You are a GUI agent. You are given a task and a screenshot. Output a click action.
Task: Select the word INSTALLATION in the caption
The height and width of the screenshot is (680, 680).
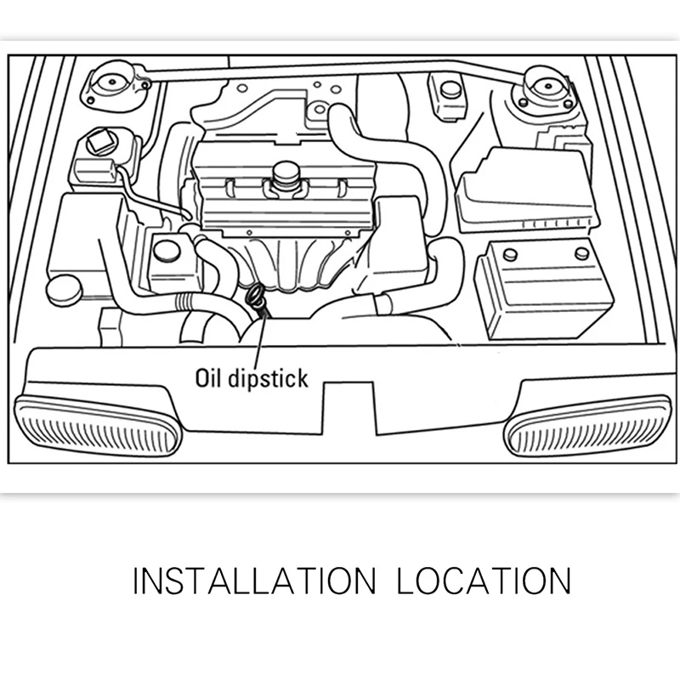[x=253, y=581]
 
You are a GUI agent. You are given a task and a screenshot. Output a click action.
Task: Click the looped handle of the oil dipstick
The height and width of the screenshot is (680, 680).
[x=253, y=297]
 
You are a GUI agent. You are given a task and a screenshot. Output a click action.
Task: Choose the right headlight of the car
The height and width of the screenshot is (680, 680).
[x=587, y=425]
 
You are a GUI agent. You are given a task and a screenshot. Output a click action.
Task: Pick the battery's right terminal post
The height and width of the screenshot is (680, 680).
[x=581, y=252]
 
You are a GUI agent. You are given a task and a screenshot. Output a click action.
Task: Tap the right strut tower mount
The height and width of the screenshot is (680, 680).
[x=543, y=89]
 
